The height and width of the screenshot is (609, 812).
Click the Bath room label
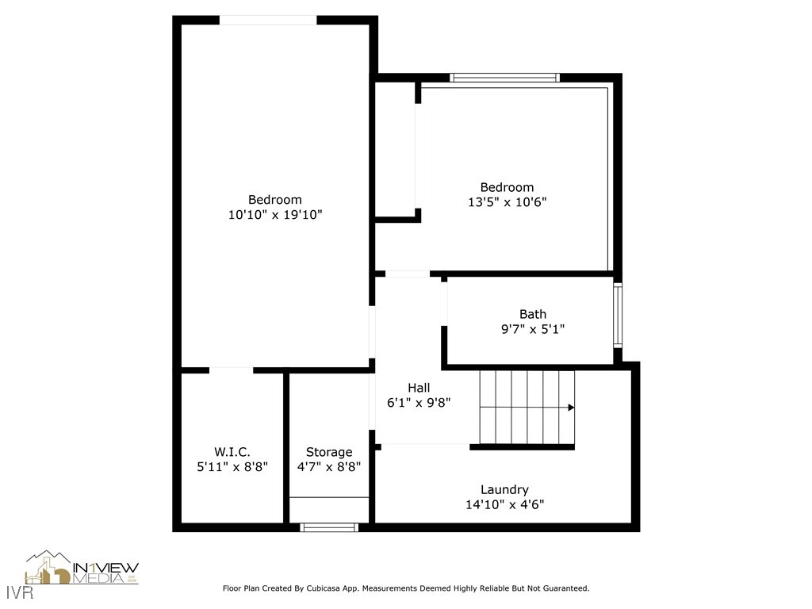pos(532,314)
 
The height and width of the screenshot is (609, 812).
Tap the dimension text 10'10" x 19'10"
pos(274,215)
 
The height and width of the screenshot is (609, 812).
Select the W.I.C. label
pos(232,452)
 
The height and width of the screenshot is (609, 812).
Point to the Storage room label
pos(329,452)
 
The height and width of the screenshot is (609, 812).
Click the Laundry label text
pos(504,490)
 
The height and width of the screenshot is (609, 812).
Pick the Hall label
pos(419,388)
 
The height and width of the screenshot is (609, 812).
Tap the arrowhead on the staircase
pos(571,408)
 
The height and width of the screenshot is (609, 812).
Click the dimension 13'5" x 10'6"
pos(507,202)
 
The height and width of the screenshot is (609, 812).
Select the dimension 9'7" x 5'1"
pos(532,329)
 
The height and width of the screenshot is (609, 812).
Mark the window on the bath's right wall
pos(618,315)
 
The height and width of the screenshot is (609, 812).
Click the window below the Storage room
pos(329,527)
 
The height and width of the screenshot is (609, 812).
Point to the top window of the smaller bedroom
pos(504,78)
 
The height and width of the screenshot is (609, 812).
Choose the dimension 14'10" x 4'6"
pos(504,504)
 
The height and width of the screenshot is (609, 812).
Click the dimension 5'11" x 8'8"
pos(232,467)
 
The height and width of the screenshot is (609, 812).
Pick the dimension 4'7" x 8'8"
pos(329,467)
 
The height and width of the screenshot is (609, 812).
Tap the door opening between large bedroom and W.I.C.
pos(232,370)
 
